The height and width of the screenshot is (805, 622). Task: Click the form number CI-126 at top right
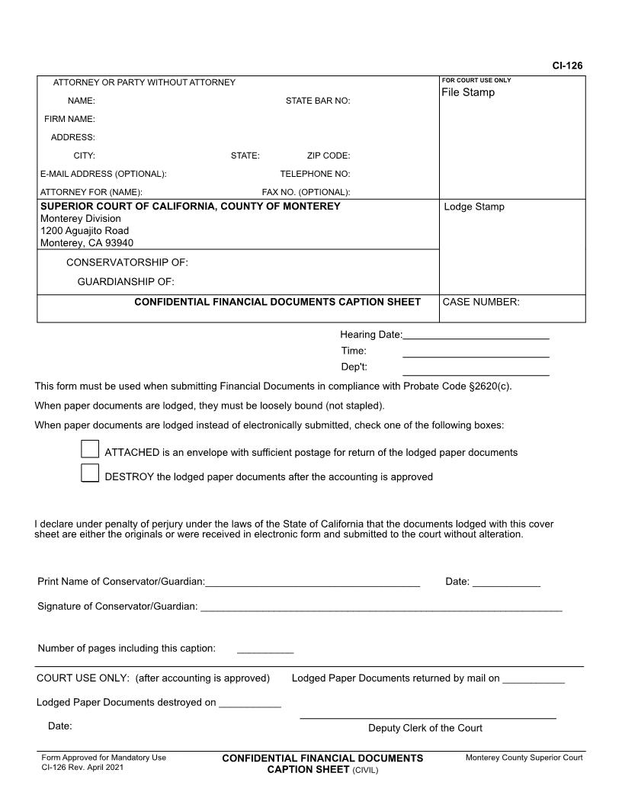click(567, 66)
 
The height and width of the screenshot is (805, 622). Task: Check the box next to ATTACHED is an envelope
click(90, 450)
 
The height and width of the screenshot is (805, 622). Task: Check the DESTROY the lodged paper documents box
click(90, 473)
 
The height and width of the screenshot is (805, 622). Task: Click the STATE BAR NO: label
click(318, 101)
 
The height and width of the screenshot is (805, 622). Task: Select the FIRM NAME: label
click(69, 119)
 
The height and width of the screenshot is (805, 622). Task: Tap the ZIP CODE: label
click(329, 156)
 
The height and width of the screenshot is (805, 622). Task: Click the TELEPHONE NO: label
click(315, 174)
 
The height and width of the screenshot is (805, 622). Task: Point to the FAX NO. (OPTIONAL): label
click(306, 192)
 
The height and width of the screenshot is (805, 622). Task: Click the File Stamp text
click(468, 92)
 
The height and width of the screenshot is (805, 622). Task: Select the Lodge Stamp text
click(473, 207)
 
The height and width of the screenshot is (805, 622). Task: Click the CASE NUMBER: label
click(481, 302)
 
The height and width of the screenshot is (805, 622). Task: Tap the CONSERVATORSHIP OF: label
click(127, 263)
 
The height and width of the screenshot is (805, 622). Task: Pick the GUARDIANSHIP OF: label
click(127, 281)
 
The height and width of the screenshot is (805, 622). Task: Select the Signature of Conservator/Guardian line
click(381, 608)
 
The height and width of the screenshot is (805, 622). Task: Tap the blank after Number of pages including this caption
click(265, 650)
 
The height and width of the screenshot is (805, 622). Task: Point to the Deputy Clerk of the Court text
click(425, 728)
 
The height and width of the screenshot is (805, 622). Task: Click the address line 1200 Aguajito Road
click(85, 231)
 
